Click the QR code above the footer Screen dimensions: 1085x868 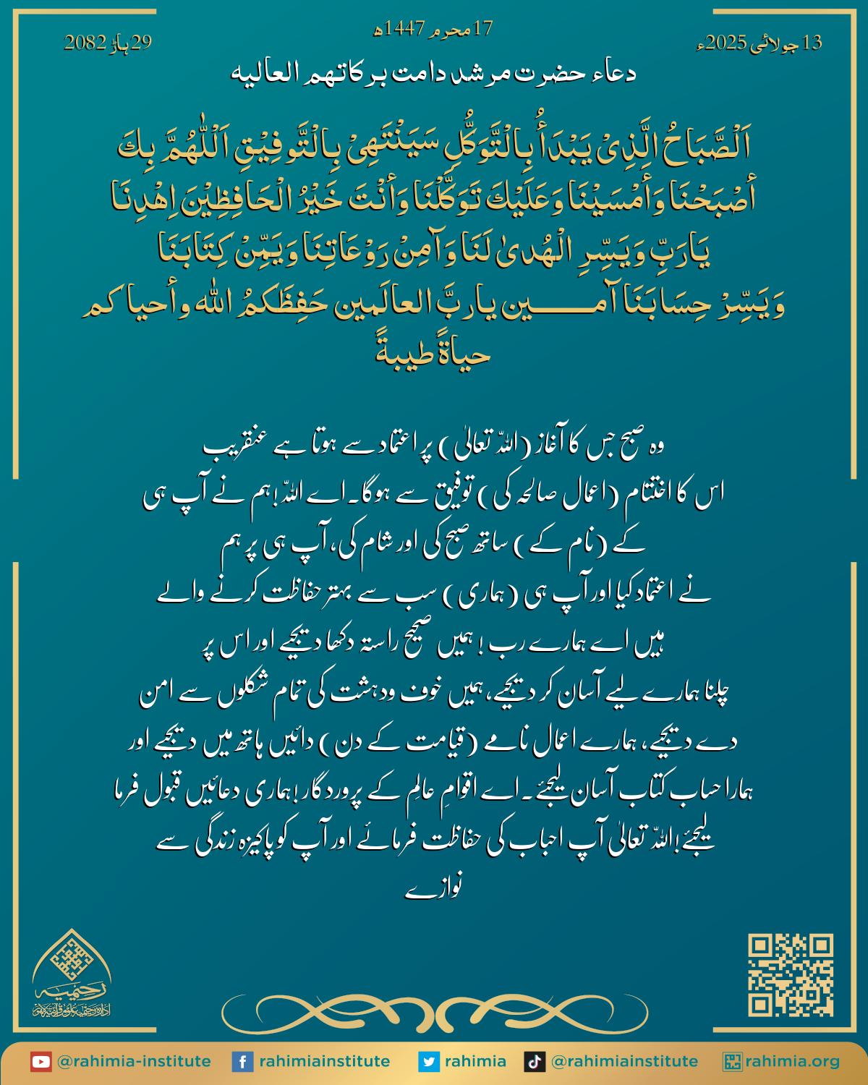pos(791,974)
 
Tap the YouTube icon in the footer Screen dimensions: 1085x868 pos(41,1062)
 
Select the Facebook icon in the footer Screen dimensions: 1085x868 pos(242,1062)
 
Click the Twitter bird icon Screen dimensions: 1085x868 pos(429,1062)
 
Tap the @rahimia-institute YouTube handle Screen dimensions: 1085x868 pos(133,1062)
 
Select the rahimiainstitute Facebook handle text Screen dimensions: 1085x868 pos(324,1062)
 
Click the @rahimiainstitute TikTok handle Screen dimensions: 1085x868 pos(624,1062)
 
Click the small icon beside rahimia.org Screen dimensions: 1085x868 pos(732,1062)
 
